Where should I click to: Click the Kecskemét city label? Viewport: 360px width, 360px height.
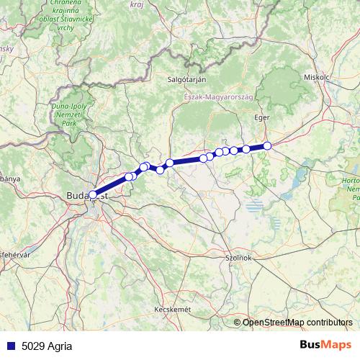click(x=172, y=309)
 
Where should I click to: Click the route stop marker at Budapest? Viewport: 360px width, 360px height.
click(x=93, y=194)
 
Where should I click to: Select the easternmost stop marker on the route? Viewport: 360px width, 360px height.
click(x=267, y=145)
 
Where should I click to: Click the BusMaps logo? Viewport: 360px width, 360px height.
click(x=326, y=344)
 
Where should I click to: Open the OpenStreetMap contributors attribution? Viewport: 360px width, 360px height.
click(x=297, y=323)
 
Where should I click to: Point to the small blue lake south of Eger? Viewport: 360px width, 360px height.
click(x=255, y=207)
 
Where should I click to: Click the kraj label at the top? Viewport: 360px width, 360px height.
click(x=137, y=4)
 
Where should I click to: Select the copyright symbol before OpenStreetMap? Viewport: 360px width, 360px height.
click(x=238, y=323)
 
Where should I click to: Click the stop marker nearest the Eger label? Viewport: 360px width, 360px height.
click(x=267, y=145)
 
